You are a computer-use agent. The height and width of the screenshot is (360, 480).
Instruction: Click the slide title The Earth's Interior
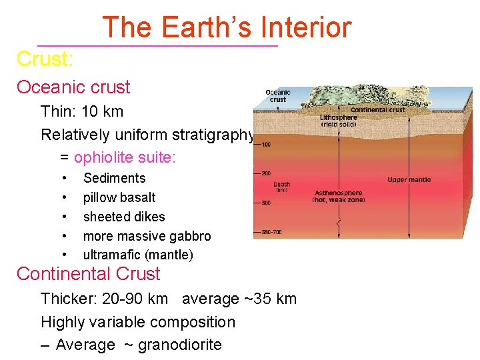pyautogui.click(x=226, y=27)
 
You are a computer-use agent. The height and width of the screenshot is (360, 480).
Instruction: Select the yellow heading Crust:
pyautogui.click(x=45, y=59)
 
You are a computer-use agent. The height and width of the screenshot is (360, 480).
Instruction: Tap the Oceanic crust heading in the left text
pyautogui.click(x=73, y=87)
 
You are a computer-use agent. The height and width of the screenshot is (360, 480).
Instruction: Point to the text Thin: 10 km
pyautogui.click(x=82, y=111)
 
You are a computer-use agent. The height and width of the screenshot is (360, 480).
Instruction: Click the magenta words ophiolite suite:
pyautogui.click(x=125, y=158)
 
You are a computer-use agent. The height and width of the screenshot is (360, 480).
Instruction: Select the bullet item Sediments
pyautogui.click(x=114, y=178)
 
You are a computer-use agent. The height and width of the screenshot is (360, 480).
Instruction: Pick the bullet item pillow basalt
pyautogui.click(x=119, y=197)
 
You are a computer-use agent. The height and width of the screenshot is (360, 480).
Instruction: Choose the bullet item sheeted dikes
pyautogui.click(x=124, y=217)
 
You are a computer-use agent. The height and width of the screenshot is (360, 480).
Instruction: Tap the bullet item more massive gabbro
pyautogui.click(x=147, y=236)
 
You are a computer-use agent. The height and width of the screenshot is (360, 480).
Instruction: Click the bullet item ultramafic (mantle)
pyautogui.click(x=138, y=255)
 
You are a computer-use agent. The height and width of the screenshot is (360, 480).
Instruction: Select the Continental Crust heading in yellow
pyautogui.click(x=88, y=274)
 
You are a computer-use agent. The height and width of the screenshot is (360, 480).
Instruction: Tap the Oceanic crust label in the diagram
pyautogui.click(x=278, y=96)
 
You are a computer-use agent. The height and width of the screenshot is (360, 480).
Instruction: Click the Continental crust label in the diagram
pyautogui.click(x=377, y=110)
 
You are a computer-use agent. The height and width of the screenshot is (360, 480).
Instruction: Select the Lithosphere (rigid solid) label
pyautogui.click(x=339, y=120)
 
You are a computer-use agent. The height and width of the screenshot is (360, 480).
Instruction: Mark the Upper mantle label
pyautogui.click(x=409, y=179)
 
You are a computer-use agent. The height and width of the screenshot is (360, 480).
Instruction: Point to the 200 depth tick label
pyautogui.click(x=265, y=173)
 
